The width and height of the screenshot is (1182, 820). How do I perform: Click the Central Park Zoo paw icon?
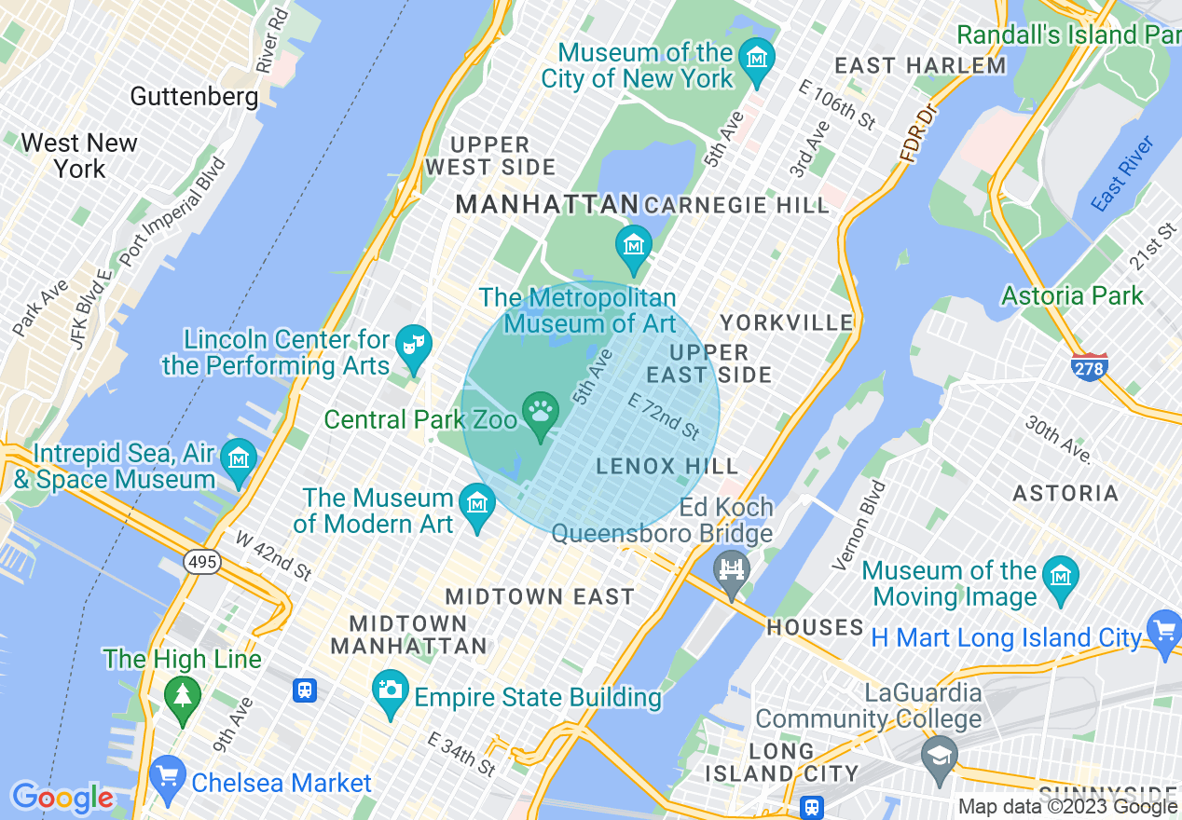[x=541, y=411]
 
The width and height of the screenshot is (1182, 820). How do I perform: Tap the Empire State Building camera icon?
[x=390, y=690]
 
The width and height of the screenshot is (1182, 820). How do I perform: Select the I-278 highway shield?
[x=1089, y=367]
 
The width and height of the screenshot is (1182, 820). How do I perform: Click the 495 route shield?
[x=201, y=562]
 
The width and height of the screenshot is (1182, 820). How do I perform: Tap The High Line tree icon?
[x=182, y=695]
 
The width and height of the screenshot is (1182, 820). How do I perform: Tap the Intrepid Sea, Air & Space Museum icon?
[x=240, y=458]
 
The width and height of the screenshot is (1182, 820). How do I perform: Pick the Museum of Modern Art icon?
[x=478, y=503]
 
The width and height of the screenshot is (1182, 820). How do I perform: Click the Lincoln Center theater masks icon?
[x=411, y=344]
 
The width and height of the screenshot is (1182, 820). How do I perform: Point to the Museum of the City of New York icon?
[x=756, y=56]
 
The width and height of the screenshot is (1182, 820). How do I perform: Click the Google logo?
[x=62, y=799]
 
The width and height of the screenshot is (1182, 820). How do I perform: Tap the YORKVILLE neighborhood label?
[x=786, y=322]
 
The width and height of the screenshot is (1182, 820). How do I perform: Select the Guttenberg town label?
[x=194, y=96]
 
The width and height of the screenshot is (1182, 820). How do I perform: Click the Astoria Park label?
[x=1071, y=296]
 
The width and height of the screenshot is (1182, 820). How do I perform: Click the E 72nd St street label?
[x=664, y=417]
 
